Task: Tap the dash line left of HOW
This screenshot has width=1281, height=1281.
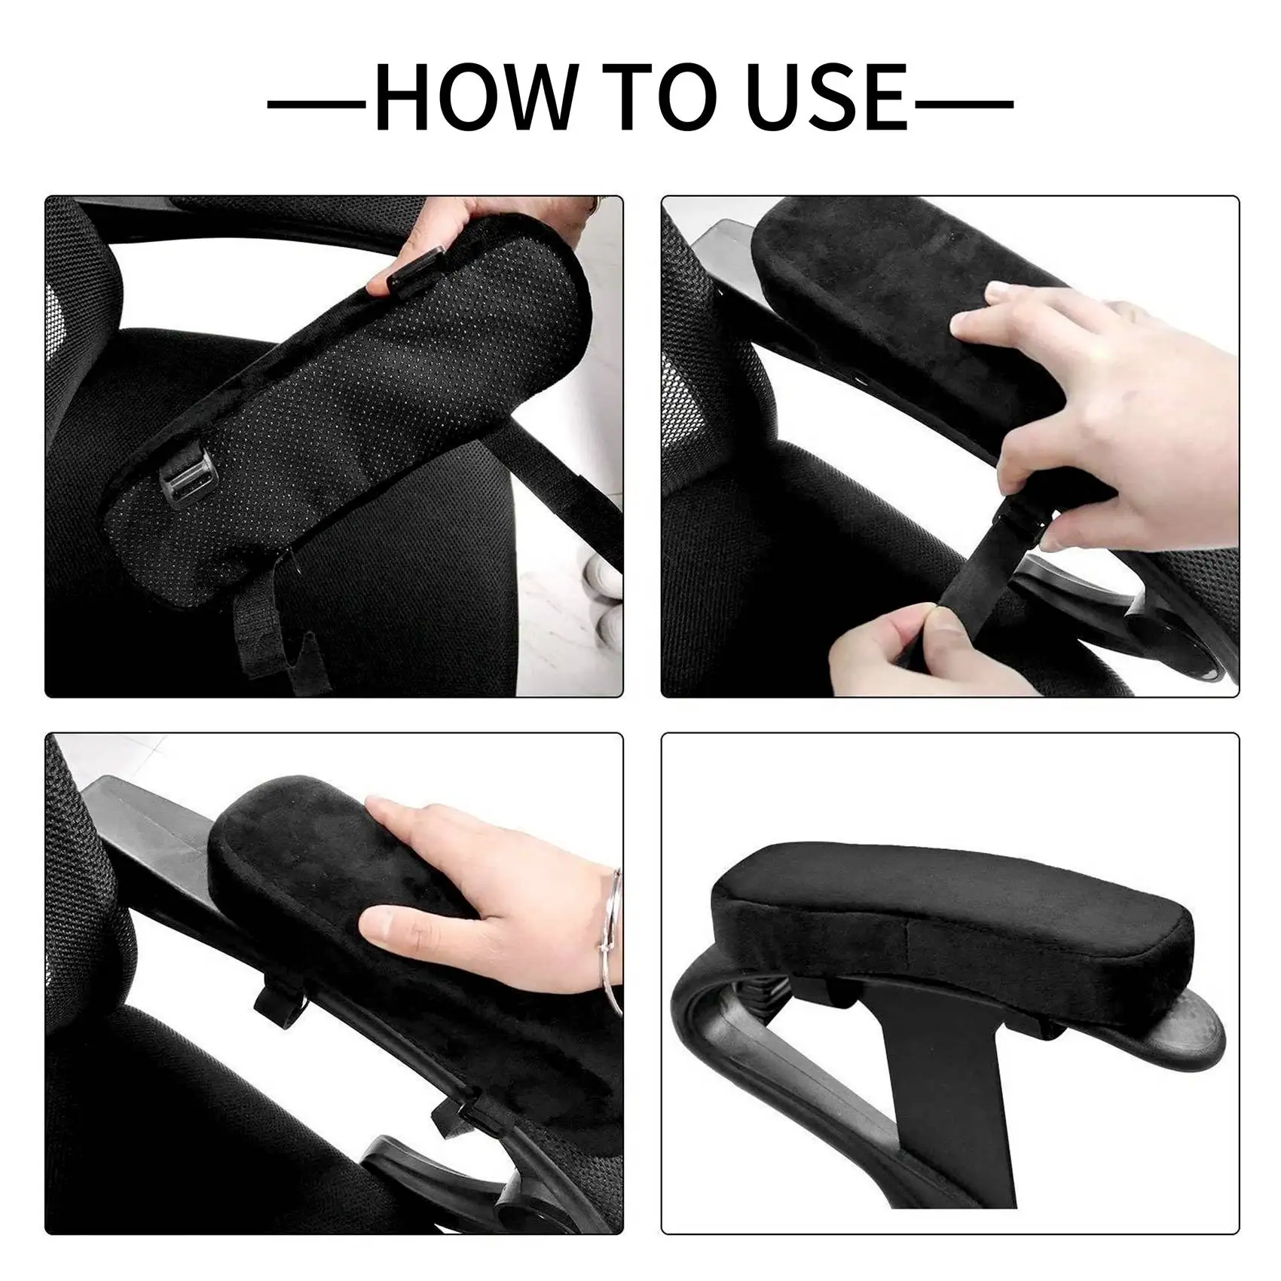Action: [316, 104]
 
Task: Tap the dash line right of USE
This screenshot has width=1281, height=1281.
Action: [964, 104]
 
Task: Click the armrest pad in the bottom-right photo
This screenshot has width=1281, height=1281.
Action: [949, 916]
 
